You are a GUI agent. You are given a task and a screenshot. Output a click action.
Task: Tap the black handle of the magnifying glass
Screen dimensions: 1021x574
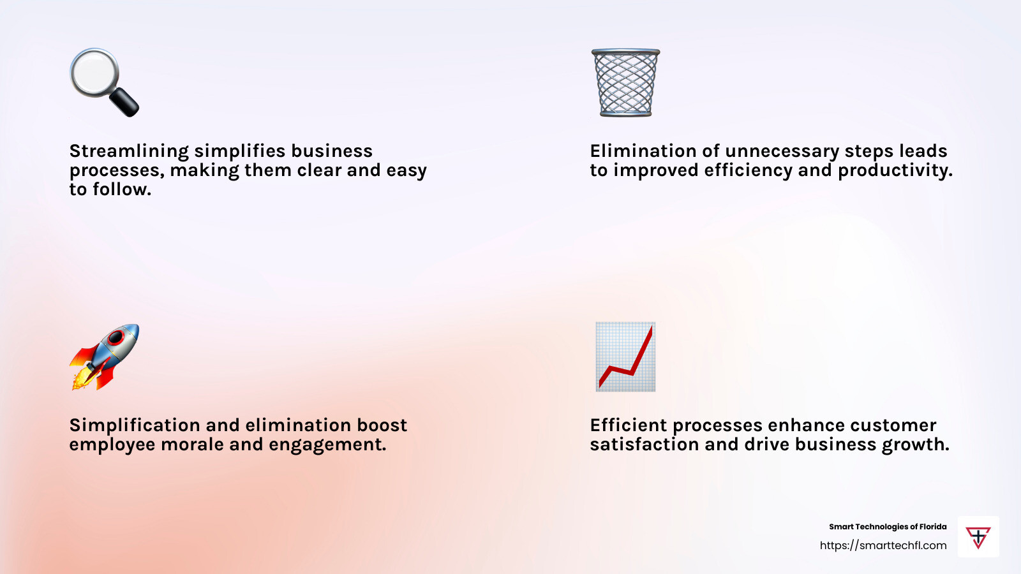point(124,102)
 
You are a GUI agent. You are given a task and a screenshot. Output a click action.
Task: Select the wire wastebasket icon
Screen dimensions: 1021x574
point(625,82)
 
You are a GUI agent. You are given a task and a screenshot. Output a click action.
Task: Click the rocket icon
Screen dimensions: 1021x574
point(105,357)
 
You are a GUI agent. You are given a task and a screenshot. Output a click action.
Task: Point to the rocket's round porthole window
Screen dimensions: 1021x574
point(116,337)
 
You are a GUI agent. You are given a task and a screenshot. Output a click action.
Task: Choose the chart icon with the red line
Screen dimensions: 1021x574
point(625,357)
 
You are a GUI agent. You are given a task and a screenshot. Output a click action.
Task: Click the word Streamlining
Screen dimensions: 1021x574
point(129,151)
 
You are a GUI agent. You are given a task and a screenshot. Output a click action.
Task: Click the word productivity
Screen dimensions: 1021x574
point(895,170)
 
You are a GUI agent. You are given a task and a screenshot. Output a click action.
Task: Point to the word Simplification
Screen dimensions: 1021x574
point(135,425)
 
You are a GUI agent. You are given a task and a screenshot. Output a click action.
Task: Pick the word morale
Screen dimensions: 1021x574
point(192,445)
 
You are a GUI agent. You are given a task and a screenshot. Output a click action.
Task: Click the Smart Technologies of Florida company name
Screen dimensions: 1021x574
point(888,527)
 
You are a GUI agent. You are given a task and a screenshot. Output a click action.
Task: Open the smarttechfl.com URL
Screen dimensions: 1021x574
point(883,545)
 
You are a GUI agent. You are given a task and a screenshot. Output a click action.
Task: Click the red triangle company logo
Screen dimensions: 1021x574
point(978,538)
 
